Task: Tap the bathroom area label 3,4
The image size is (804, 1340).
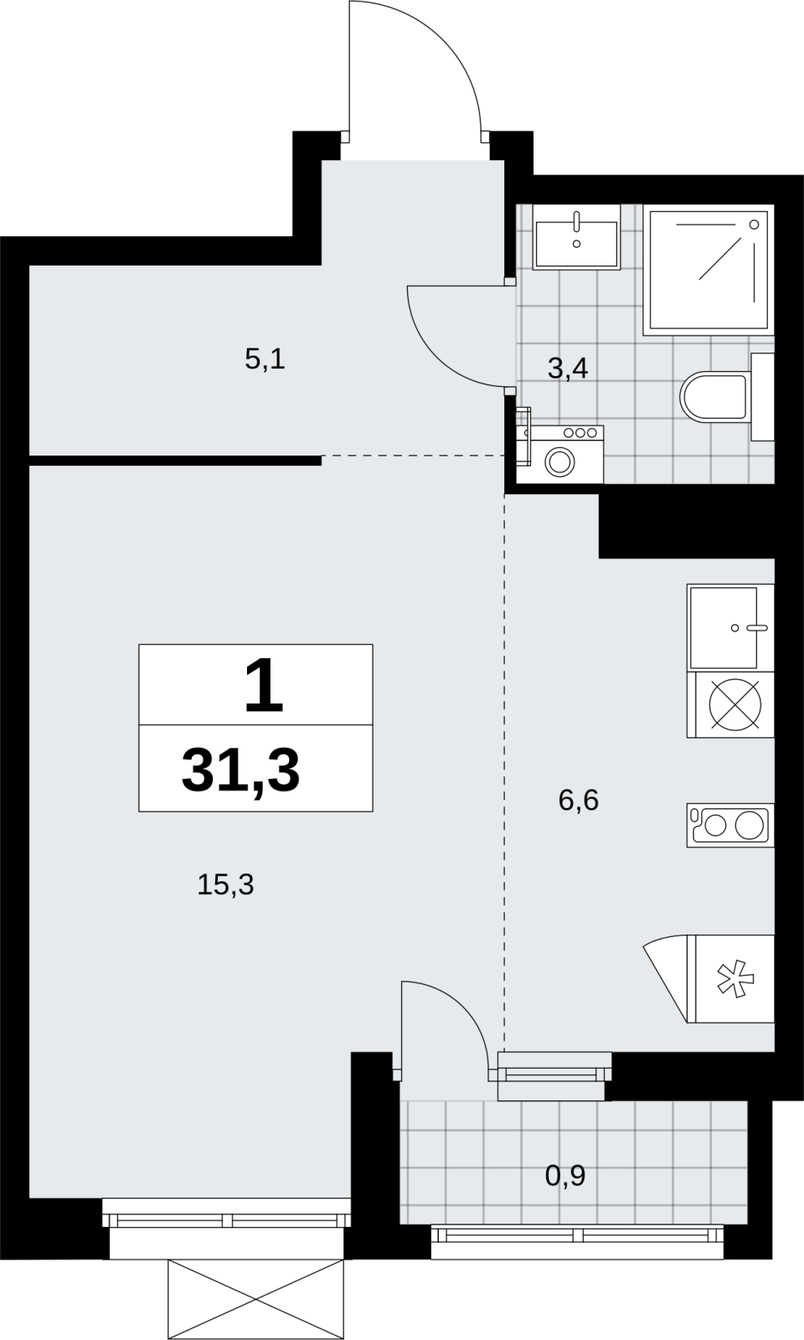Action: coord(568,369)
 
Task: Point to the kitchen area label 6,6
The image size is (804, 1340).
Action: coord(579,800)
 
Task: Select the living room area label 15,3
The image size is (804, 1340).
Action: coord(225,884)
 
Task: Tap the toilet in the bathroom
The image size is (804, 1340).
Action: coord(714,396)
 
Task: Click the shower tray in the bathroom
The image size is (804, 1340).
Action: coord(709,270)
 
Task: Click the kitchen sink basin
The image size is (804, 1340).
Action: coord(724,627)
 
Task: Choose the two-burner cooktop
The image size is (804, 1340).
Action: coord(730,826)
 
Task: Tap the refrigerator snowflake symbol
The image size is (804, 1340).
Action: coord(736,979)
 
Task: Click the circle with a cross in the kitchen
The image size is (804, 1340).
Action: coord(736,704)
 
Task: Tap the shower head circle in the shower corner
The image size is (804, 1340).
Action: coord(755,224)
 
